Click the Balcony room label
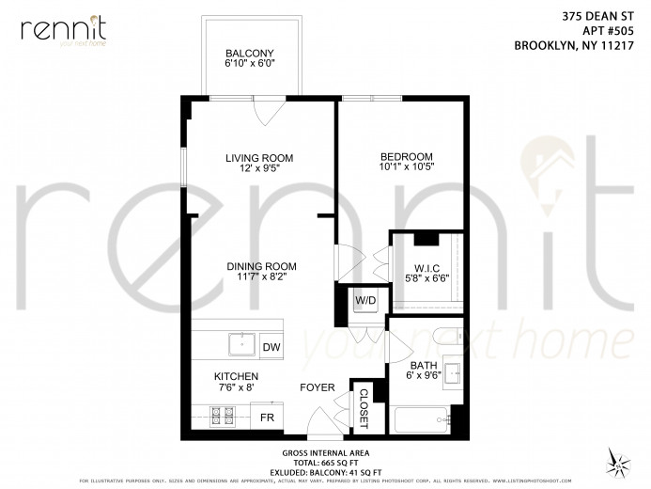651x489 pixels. [x=249, y=53]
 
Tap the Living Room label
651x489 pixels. [x=259, y=158]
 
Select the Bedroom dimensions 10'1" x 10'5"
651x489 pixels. [x=407, y=168]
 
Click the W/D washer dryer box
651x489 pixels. [x=365, y=301]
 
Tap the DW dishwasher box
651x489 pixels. [x=271, y=347]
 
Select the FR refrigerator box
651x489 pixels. [x=268, y=417]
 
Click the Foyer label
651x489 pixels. [x=317, y=387]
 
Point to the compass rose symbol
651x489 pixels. [x=619, y=461]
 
